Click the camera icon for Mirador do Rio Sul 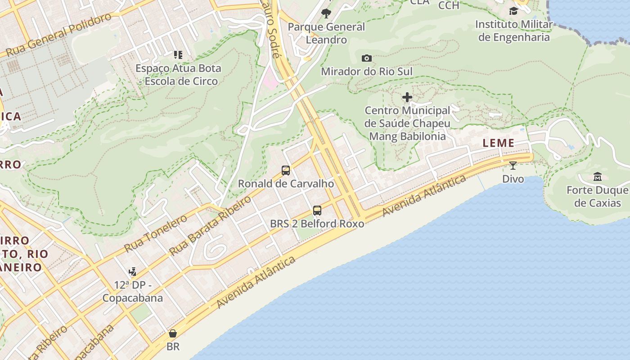pos(367,58)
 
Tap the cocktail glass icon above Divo pos(513,166)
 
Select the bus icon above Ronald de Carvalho pos(286,171)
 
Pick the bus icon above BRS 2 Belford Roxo pos(317,210)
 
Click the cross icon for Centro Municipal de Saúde pos(407,97)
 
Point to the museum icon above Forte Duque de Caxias pos(597,176)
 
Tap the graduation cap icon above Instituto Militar pos(513,11)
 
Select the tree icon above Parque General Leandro pos(326,13)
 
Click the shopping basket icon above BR pos(173,333)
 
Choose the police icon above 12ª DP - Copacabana pos(132,271)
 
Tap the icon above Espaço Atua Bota pos(178,55)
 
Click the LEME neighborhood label pos(498,143)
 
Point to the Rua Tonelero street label pos(155,233)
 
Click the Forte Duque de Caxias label pos(597,197)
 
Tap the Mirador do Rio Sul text pos(366,72)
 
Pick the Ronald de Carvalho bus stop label pos(286,184)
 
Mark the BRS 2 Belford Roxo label pos(317,224)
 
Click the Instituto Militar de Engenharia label pos(513,31)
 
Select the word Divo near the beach pos(513,179)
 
